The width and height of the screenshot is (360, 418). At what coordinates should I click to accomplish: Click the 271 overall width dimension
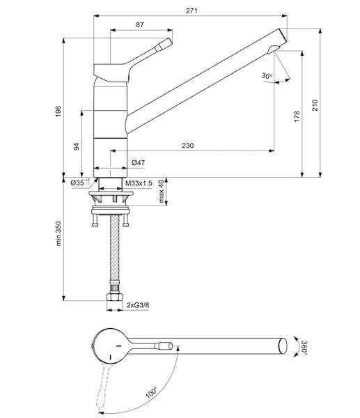[191, 10]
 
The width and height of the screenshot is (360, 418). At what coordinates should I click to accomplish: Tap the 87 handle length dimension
[140, 25]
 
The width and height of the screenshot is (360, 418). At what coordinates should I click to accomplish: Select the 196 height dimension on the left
[58, 111]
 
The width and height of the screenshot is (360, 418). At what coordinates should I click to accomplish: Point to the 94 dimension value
[77, 146]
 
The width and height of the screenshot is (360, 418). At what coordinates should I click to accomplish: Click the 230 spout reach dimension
[187, 146]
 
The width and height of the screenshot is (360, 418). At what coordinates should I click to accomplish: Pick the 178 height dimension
[297, 117]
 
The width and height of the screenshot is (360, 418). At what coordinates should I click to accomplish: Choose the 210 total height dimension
[315, 106]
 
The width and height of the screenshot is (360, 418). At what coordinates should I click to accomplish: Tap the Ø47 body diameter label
[139, 162]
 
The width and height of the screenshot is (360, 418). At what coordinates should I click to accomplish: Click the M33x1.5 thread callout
[139, 183]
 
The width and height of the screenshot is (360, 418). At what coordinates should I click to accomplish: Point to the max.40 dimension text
[161, 191]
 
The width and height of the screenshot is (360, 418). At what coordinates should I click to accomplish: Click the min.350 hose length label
[58, 233]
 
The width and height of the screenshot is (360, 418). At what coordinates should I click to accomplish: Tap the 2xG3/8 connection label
[138, 305]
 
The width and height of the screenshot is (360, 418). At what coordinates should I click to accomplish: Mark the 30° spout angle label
[267, 76]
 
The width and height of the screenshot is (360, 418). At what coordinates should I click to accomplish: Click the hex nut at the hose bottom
[115, 297]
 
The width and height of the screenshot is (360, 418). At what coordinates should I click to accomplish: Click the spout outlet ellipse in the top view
[283, 346]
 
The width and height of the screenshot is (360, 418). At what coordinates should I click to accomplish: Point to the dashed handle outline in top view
[104, 387]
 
